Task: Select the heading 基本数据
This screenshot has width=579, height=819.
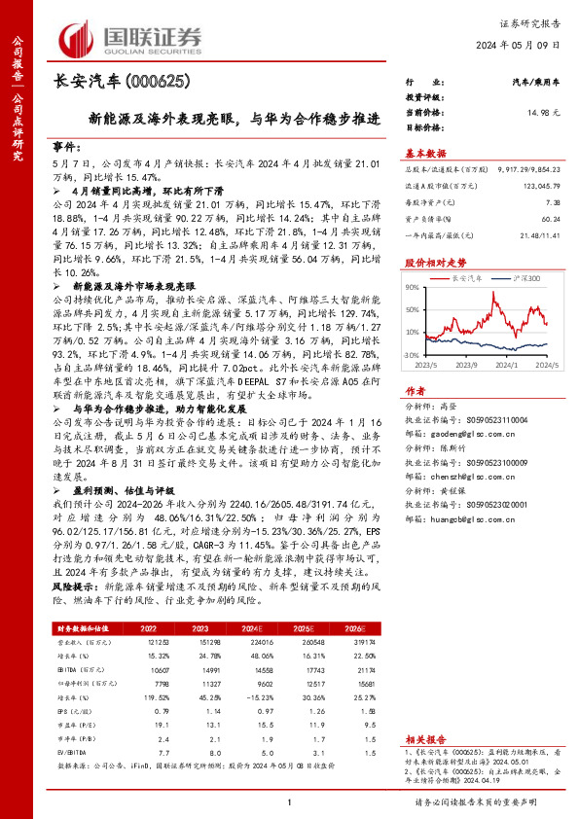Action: click(426, 153)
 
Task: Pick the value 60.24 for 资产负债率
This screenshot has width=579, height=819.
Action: click(550, 220)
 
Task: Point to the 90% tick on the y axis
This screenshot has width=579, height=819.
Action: click(412, 287)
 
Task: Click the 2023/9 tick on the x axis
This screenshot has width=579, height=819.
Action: click(467, 368)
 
